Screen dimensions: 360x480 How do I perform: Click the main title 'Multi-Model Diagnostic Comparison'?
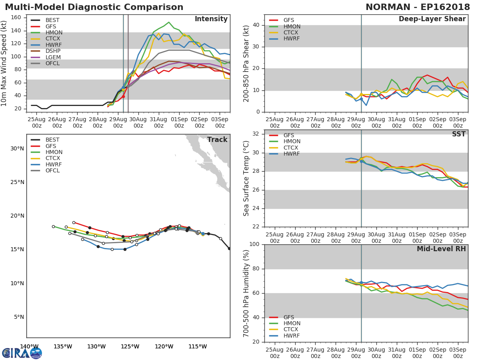point(94,7)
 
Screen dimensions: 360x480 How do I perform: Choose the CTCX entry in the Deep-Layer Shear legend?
point(292,32)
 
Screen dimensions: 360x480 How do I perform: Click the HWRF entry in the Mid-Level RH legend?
point(292,336)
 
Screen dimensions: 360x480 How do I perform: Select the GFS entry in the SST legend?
point(289,135)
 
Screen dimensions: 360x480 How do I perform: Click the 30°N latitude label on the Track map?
point(17,148)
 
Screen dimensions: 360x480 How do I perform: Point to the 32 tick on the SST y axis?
point(256,134)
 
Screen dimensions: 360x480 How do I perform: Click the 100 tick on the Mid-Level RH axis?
point(254,244)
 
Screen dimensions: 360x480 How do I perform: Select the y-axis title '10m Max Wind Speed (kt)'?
point(4,64)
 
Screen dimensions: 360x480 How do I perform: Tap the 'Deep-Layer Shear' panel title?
point(432,19)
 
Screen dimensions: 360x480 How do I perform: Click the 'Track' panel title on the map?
point(217,140)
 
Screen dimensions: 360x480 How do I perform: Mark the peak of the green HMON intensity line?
point(169,22)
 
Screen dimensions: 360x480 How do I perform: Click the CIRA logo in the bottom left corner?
point(22,353)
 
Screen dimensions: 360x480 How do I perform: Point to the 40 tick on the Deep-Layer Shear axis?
point(256,25)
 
